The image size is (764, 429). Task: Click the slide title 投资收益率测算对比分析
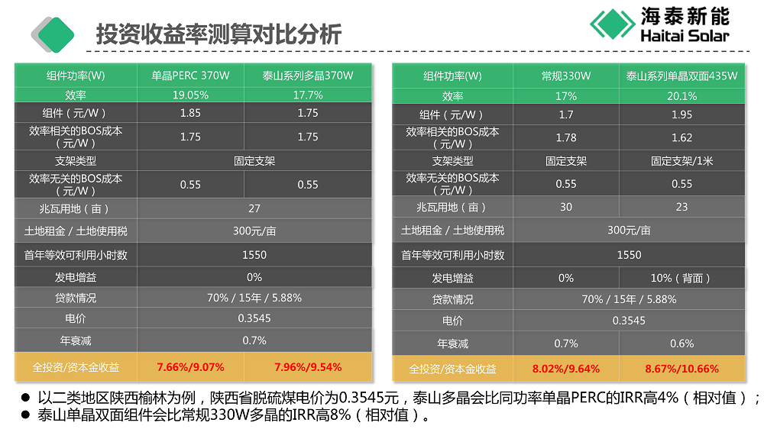click(219, 34)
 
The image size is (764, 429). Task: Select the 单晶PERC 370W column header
click(190, 76)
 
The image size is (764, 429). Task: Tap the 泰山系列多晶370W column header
click(308, 76)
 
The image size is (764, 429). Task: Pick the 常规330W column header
click(566, 76)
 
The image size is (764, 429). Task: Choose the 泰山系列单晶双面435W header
click(681, 76)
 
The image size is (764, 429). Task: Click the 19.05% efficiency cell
click(190, 95)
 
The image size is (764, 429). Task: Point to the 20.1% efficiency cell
click(681, 96)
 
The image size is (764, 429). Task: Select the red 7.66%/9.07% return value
click(190, 366)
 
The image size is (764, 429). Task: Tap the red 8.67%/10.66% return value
click(681, 369)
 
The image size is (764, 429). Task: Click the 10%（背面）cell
click(681, 278)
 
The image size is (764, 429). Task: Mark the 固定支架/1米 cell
click(681, 161)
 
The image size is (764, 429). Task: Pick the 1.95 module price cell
click(681, 115)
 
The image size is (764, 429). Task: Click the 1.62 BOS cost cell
click(681, 137)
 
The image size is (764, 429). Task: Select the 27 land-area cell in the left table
click(254, 208)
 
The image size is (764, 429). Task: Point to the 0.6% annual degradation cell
click(681, 344)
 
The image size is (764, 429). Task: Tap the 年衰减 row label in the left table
click(76, 340)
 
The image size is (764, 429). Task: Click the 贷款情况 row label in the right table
click(452, 299)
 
